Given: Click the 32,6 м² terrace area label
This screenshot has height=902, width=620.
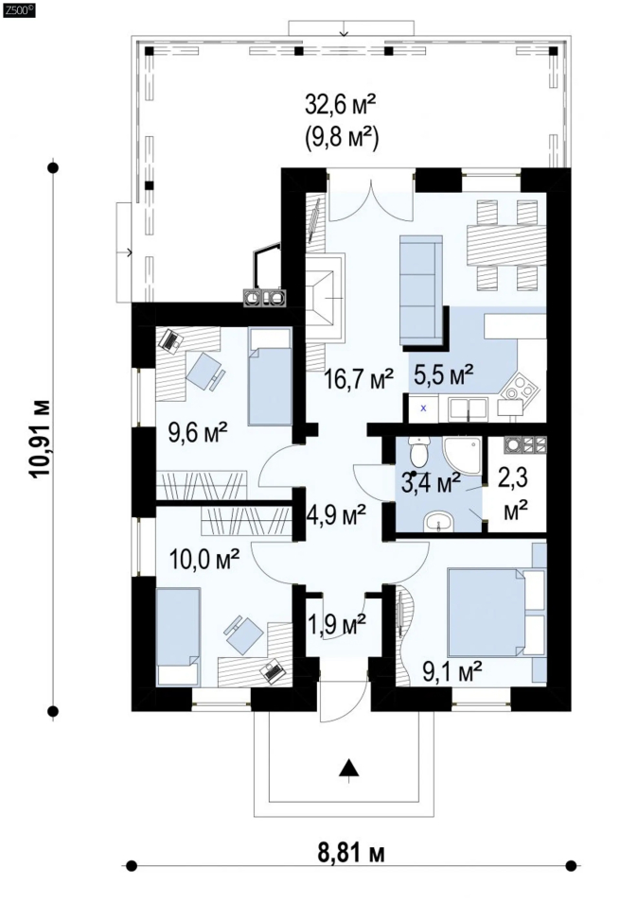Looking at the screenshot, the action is click(x=341, y=107).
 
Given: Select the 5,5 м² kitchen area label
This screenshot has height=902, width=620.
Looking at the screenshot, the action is click(x=445, y=374).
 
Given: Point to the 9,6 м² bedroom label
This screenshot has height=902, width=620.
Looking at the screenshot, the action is click(x=198, y=432).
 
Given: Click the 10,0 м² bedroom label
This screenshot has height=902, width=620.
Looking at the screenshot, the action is click(x=205, y=558).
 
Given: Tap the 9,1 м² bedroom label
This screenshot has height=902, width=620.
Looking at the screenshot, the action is click(x=452, y=670).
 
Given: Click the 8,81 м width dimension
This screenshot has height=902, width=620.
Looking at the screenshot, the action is click(x=350, y=853).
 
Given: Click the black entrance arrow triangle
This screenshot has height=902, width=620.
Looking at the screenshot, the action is click(x=348, y=768).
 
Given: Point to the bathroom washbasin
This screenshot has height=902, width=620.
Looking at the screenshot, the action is click(x=438, y=522).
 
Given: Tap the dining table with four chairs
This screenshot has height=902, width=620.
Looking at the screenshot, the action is click(x=505, y=244).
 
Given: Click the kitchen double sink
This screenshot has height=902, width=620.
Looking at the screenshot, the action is click(x=468, y=408).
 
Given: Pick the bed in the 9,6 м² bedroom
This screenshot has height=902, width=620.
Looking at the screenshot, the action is click(x=270, y=377).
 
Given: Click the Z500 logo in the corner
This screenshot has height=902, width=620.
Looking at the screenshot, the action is click(x=20, y=9).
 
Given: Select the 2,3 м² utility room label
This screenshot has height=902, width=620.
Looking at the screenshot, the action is click(x=516, y=494).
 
